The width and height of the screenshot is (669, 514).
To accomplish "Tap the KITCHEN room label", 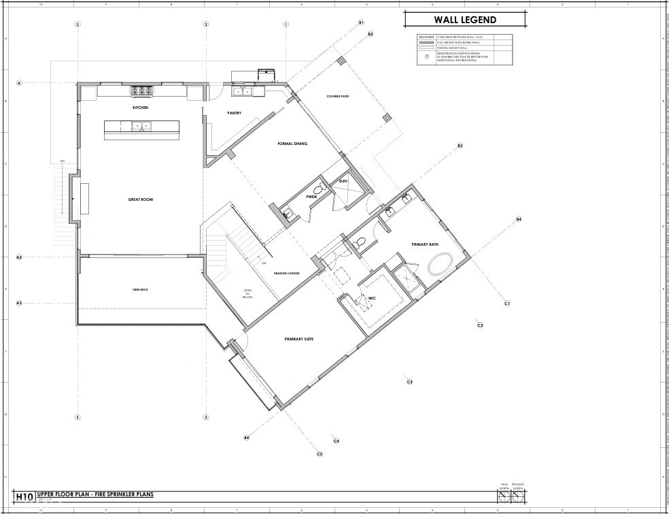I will tap(141, 108).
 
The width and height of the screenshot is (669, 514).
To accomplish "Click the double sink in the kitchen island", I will tap(141, 125).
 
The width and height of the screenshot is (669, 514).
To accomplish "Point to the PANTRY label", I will tap(234, 113).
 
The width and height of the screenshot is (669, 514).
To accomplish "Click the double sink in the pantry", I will tap(243, 91).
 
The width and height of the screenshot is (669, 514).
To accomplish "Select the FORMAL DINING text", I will tap(292, 144).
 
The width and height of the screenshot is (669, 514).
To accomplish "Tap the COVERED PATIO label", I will tap(338, 97).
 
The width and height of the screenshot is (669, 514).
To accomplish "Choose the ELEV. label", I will tap(343, 181).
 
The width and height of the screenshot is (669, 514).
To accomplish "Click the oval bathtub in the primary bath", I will tap(441, 263).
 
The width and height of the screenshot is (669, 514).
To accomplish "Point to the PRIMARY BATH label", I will tap(425, 244).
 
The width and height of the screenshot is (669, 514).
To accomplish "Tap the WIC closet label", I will tap(373, 298).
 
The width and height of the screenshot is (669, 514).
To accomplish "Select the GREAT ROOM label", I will tap(141, 199).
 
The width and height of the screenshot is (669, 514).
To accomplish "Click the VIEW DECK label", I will tap(140, 290).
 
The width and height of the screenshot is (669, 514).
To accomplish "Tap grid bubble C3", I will tap(410, 382).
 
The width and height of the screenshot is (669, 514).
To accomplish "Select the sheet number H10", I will tap(24, 496).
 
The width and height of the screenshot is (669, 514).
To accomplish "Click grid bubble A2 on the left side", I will tap(19, 257).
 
